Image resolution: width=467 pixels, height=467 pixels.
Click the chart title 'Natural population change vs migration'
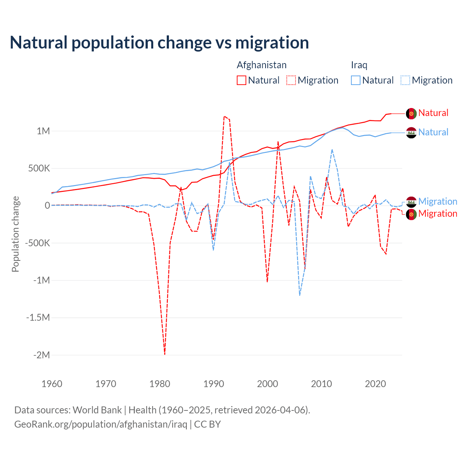[x=159, y=42]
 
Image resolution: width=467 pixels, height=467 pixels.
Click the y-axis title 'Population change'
[x=15, y=234]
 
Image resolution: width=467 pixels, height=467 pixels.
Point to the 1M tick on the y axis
[x=43, y=131]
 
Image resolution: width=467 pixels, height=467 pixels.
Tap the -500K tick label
[x=37, y=243]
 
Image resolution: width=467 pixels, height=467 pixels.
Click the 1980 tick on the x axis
[x=160, y=384]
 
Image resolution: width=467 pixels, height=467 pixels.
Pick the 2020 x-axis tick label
[x=375, y=384]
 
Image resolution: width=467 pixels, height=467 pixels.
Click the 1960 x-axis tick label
[x=52, y=384]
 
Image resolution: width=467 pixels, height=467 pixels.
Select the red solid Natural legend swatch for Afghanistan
[x=242, y=80]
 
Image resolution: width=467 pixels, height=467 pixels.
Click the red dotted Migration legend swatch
[x=291, y=80]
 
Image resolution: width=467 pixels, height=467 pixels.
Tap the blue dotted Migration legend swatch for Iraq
[x=405, y=80]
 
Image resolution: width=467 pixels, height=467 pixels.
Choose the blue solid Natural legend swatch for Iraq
[x=356, y=80]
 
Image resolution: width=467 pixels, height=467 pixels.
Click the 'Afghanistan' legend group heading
[x=262, y=65]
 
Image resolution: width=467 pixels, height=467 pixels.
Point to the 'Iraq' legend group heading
[x=359, y=65]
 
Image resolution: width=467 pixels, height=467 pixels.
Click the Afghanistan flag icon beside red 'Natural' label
[x=411, y=113]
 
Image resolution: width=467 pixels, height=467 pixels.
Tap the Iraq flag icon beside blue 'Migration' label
[x=411, y=202]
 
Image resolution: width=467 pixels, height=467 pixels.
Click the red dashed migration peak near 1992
[x=224, y=116]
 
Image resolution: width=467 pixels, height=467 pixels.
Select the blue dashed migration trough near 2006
[x=300, y=295]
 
